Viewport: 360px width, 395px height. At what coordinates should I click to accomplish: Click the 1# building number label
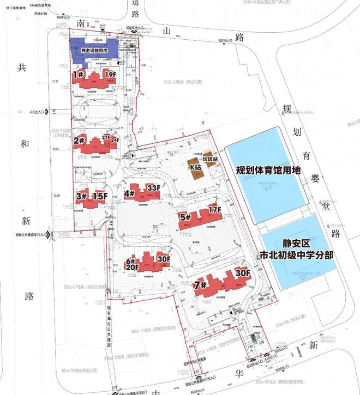pyautogui.click(x=77, y=74)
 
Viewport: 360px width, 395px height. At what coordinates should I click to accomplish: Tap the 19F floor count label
pyautogui.click(x=111, y=74)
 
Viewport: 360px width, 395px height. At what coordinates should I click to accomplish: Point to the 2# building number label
pyautogui.click(x=79, y=140)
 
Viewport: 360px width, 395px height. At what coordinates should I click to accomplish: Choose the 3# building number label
pyautogui.click(x=82, y=196)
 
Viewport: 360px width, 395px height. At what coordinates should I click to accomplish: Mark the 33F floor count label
pyautogui.click(x=154, y=189)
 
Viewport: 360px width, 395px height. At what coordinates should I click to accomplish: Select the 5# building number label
pyautogui.click(x=185, y=216)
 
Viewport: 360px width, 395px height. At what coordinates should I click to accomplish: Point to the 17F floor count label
pyautogui.click(x=214, y=209)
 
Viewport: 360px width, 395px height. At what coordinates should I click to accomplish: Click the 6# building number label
pyautogui.click(x=131, y=260)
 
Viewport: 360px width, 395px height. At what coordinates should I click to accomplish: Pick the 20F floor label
pyautogui.click(x=133, y=268)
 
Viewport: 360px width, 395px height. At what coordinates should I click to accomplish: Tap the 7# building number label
pyautogui.click(x=200, y=284)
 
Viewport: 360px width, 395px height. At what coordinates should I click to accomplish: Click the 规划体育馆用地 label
pyautogui.click(x=268, y=170)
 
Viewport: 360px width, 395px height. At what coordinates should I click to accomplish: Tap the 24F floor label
pyautogui.click(x=115, y=140)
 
